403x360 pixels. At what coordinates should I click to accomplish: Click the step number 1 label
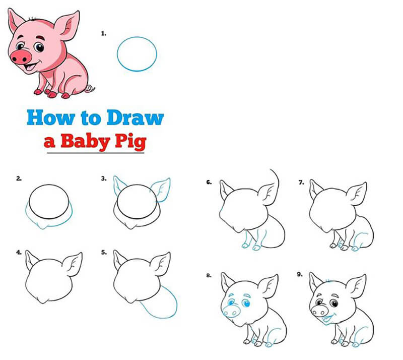104,34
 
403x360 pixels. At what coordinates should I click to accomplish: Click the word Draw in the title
135,118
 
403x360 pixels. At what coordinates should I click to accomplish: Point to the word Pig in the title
129,141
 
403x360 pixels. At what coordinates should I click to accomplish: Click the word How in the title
46,118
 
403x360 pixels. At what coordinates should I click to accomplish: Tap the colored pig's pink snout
21,56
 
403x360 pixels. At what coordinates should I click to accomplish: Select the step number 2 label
19,178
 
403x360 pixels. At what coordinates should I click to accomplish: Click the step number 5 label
104,253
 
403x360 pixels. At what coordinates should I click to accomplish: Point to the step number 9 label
300,275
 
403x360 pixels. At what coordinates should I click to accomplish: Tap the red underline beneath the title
96,152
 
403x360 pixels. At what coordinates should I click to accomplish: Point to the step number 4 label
19,253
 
